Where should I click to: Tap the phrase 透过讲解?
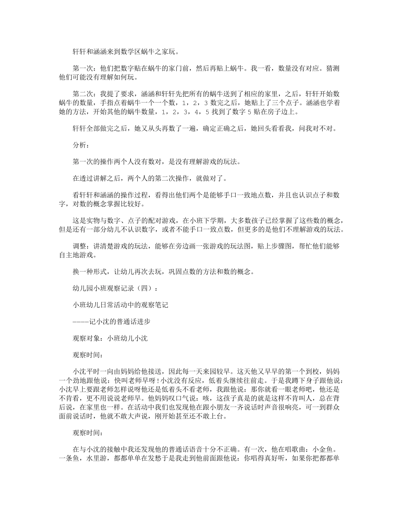(x=94, y=178)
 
